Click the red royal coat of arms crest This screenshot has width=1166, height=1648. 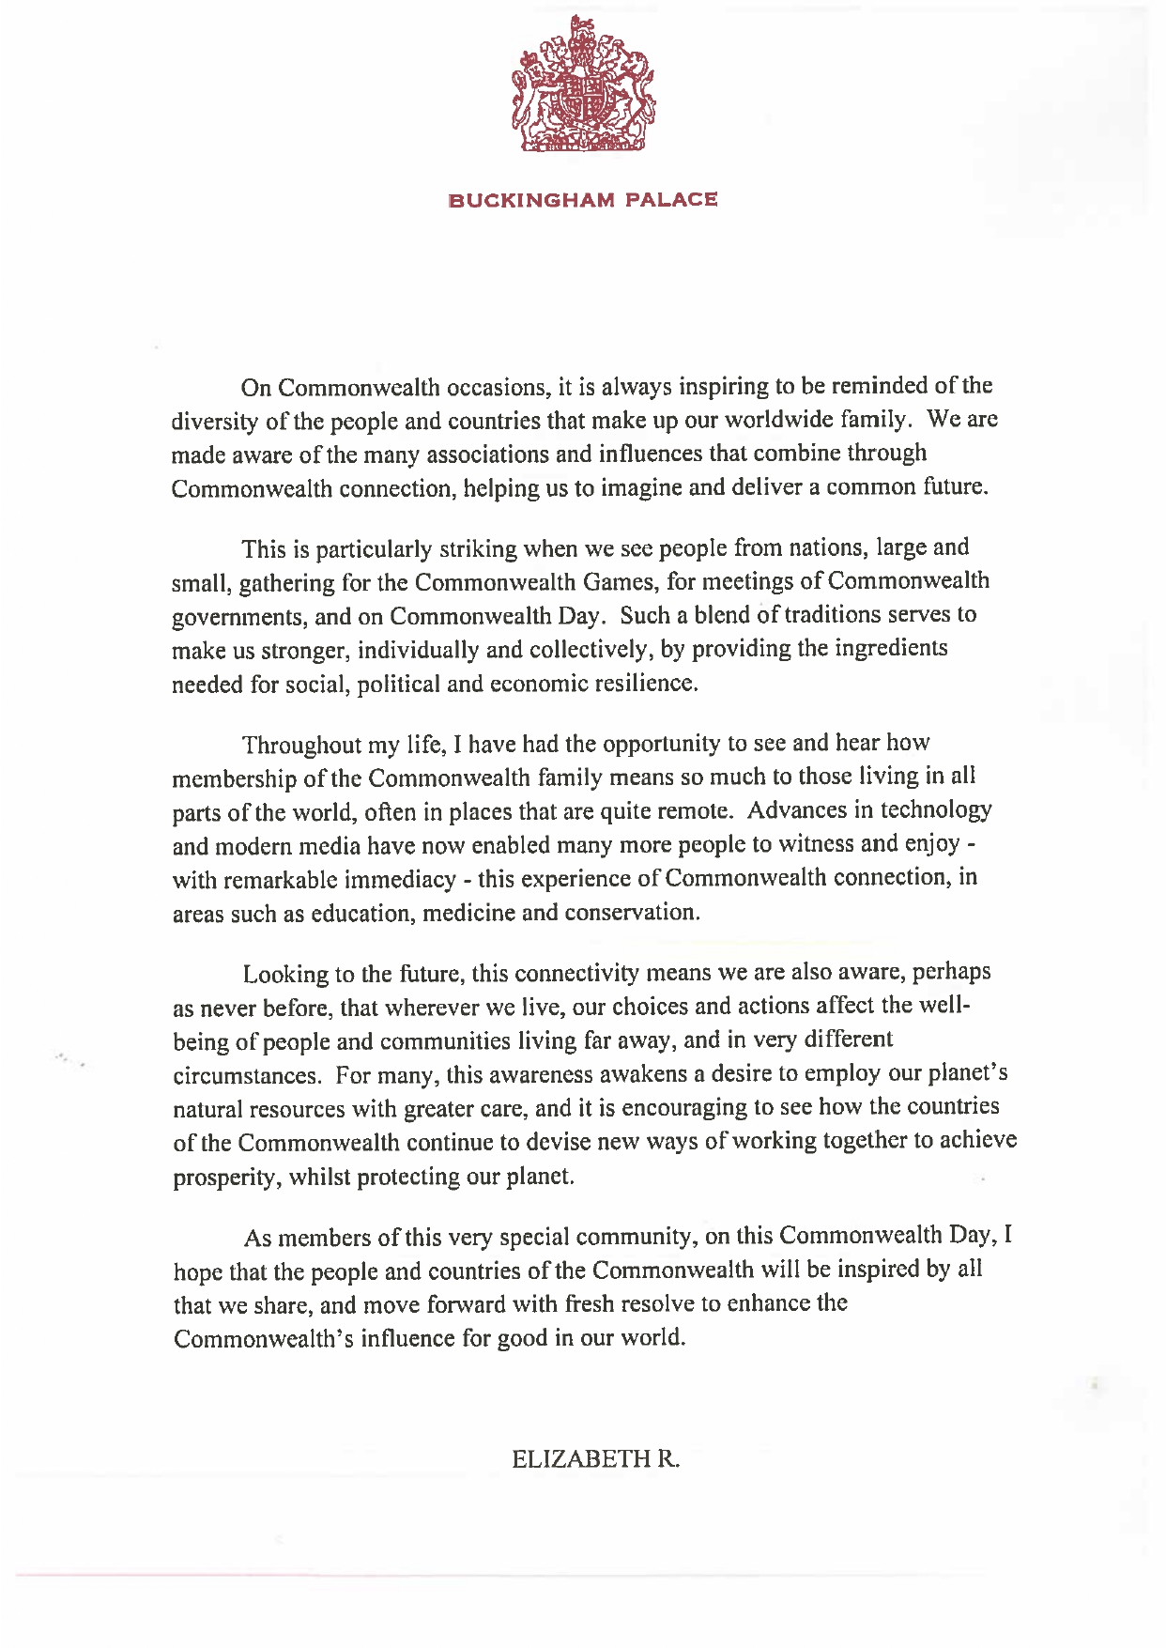coord(583,86)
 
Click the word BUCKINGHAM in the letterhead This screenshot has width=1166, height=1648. coord(531,200)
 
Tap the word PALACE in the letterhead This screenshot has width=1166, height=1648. coord(672,200)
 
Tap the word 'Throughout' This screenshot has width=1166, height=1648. coord(300,745)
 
